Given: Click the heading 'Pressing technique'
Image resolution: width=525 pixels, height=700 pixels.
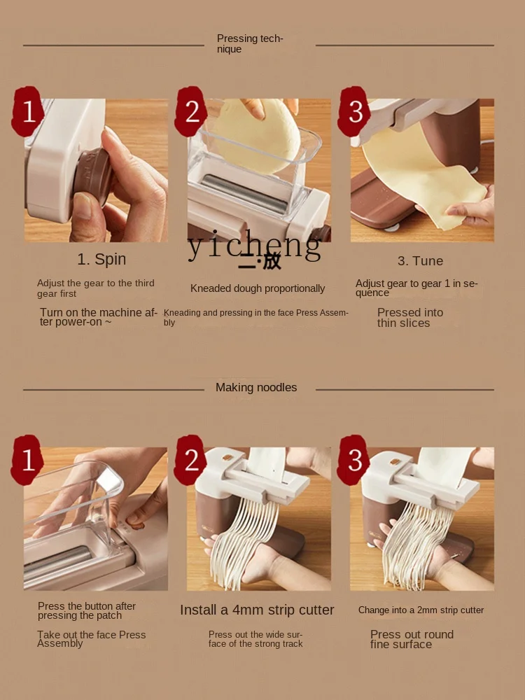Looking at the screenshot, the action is [x=250, y=43].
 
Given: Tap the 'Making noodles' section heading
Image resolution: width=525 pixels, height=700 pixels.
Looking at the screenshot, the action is [x=256, y=388].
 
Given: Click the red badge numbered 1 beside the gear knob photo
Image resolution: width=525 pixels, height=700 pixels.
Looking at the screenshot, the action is [x=28, y=111].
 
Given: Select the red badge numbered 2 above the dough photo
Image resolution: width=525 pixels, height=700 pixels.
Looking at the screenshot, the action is [x=191, y=111].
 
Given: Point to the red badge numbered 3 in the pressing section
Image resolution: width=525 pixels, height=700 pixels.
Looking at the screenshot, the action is [x=354, y=111].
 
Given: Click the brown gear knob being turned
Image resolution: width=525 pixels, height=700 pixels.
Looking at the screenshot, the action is [x=92, y=177].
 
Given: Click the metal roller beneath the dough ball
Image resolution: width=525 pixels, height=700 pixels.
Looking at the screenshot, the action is [x=244, y=193].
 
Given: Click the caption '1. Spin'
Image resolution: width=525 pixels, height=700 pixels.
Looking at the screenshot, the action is [x=101, y=260].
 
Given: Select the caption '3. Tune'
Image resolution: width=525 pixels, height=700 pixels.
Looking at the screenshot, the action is [x=421, y=260].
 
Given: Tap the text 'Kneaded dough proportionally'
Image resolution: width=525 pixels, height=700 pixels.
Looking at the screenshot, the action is [x=258, y=288].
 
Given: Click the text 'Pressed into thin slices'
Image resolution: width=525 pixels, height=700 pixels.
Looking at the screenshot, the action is [x=410, y=317].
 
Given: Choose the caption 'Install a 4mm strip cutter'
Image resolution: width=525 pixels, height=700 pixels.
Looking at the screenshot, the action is [x=257, y=610].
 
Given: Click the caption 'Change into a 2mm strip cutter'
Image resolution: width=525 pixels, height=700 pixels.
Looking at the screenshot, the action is [x=421, y=610].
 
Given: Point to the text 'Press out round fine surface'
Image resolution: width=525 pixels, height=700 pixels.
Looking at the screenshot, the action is [x=412, y=639].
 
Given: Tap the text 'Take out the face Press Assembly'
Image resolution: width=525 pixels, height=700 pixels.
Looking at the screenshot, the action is [x=92, y=639].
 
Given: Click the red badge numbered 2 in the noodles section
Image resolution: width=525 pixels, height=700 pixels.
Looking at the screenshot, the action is [x=190, y=461].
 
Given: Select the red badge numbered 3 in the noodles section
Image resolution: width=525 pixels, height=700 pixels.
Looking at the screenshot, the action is [x=354, y=461].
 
